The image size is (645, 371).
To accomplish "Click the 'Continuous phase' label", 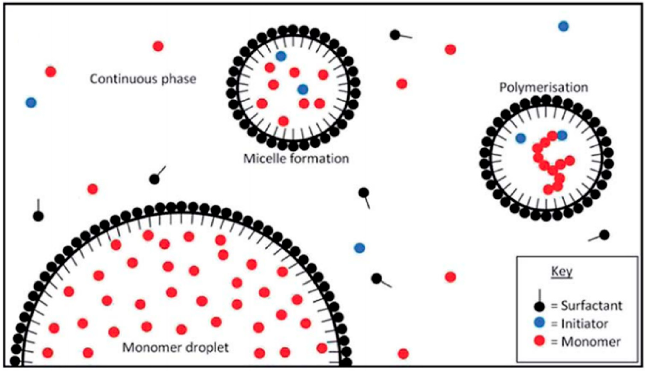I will [x=143, y=79].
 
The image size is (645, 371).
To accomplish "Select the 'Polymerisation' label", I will [x=544, y=88].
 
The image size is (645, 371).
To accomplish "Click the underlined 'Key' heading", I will [x=562, y=272].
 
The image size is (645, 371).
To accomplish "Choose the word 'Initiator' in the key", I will [x=585, y=324].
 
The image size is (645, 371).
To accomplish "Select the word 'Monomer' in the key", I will [x=591, y=342].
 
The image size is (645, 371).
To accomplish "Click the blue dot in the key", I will [x=539, y=323].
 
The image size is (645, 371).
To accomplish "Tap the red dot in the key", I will [x=539, y=341].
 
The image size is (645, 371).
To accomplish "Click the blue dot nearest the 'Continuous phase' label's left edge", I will [x=31, y=103].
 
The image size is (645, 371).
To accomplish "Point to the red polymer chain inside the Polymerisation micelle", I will [x=550, y=163].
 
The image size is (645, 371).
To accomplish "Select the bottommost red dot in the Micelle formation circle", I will [x=283, y=121].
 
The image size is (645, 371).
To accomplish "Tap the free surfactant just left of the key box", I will [x=377, y=279].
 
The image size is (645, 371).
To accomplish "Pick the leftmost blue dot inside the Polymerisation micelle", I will [x=521, y=138].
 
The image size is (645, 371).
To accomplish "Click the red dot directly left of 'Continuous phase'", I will [x=50, y=72].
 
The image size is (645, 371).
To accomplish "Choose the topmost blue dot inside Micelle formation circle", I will [x=281, y=56].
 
